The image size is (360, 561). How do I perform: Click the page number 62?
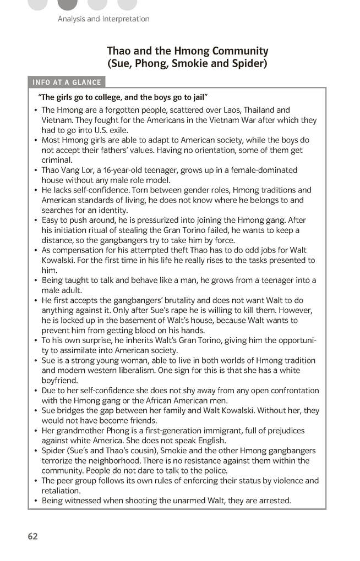pyautogui.click(x=32, y=536)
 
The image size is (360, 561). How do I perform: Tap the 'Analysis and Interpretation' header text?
pyautogui.click(x=103, y=19)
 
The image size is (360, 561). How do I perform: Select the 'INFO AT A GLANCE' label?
pyautogui.click(x=67, y=82)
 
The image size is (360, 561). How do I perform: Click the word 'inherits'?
pyautogui.click(x=131, y=340)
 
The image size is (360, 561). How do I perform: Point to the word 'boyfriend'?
pyautogui.click(x=60, y=380)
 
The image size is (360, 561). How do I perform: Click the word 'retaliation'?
pyautogui.click(x=62, y=491)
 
